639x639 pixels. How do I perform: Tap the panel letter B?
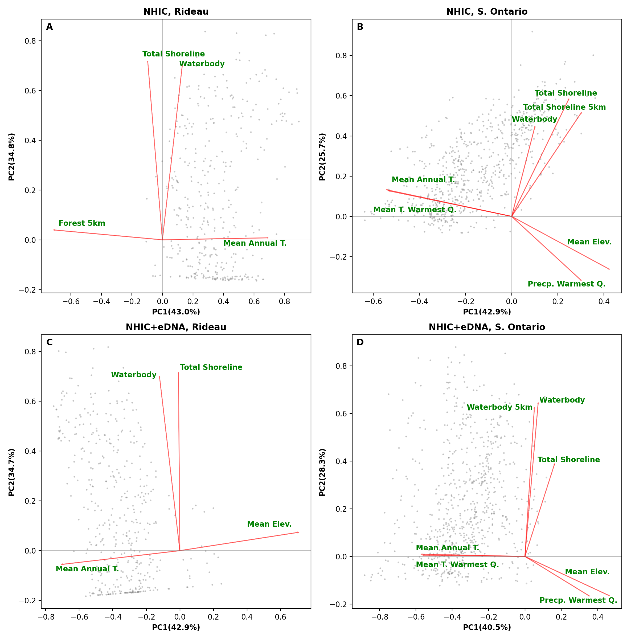point(360,27)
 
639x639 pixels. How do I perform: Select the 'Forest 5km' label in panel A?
point(82,223)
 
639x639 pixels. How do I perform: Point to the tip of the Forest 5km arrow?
point(54,230)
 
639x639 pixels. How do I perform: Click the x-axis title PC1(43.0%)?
point(176,312)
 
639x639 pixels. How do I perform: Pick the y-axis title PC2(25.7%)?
point(322,157)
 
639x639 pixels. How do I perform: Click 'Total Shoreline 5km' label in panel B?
point(564,107)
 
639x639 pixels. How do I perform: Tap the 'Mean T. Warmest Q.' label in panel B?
point(415,210)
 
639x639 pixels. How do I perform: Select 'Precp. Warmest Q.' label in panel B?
point(566,284)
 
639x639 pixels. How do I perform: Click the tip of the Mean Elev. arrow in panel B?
point(609,269)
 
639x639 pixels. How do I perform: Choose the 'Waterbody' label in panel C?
point(134,375)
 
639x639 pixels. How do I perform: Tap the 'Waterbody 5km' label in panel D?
point(499,407)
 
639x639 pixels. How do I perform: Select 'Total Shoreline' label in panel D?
point(568,460)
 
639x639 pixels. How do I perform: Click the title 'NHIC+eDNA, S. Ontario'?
point(486,327)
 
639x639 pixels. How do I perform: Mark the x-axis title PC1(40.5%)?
point(486,628)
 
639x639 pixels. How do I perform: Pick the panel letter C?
point(49,342)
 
